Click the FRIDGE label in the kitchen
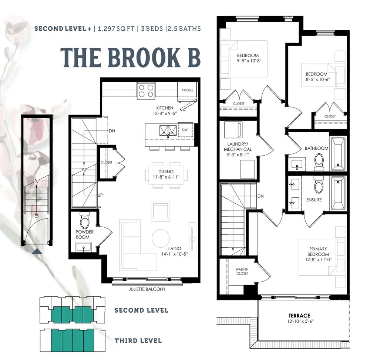[188, 90]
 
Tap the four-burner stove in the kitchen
[146, 91]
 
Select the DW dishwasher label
[185, 130]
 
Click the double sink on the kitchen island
[168, 131]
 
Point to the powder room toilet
[85, 220]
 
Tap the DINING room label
[166, 171]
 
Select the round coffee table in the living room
[161, 238]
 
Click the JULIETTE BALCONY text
[147, 289]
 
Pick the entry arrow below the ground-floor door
[37, 251]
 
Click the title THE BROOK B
[131, 57]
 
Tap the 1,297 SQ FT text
[116, 29]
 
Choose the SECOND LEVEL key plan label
[141, 310]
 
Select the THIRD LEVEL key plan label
[138, 341]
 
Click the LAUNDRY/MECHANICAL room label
[238, 147]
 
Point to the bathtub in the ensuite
[338, 193]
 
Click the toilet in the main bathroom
[319, 162]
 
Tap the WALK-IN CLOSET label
[242, 271]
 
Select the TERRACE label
[299, 316]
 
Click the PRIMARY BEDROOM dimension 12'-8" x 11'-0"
[318, 259]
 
